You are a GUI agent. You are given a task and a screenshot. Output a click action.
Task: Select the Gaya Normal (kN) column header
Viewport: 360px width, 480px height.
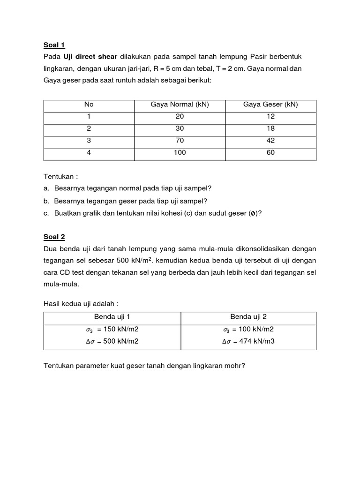[x=180, y=105]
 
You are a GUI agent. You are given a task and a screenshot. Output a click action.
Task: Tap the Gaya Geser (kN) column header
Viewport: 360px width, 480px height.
[x=270, y=105]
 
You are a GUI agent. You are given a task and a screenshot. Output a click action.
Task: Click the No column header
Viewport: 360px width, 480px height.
[x=89, y=105]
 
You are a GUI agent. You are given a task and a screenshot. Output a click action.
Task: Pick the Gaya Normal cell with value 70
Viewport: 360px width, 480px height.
[x=180, y=140]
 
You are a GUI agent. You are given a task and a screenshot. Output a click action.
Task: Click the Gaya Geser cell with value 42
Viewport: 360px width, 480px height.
[x=270, y=140]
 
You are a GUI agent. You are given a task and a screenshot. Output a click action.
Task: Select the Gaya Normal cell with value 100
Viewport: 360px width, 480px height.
[x=180, y=152]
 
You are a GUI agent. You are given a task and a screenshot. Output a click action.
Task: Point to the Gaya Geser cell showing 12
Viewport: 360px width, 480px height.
[x=270, y=116]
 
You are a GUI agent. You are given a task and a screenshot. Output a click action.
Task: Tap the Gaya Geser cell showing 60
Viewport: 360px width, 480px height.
[x=270, y=152]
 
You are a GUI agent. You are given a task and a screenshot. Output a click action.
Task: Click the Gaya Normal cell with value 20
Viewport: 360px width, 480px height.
[x=180, y=116]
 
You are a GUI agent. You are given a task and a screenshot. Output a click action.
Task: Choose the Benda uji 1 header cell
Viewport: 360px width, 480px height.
[x=112, y=316]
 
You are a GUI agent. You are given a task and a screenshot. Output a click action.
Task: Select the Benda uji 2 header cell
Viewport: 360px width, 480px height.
[x=248, y=316]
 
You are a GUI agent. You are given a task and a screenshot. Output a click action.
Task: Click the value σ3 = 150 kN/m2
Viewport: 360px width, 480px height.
[x=112, y=329]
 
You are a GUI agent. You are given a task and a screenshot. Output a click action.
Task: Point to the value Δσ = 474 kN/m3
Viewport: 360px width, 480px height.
[x=248, y=341]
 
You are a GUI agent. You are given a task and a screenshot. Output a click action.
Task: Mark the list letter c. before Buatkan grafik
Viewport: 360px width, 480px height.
[x=46, y=213]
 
